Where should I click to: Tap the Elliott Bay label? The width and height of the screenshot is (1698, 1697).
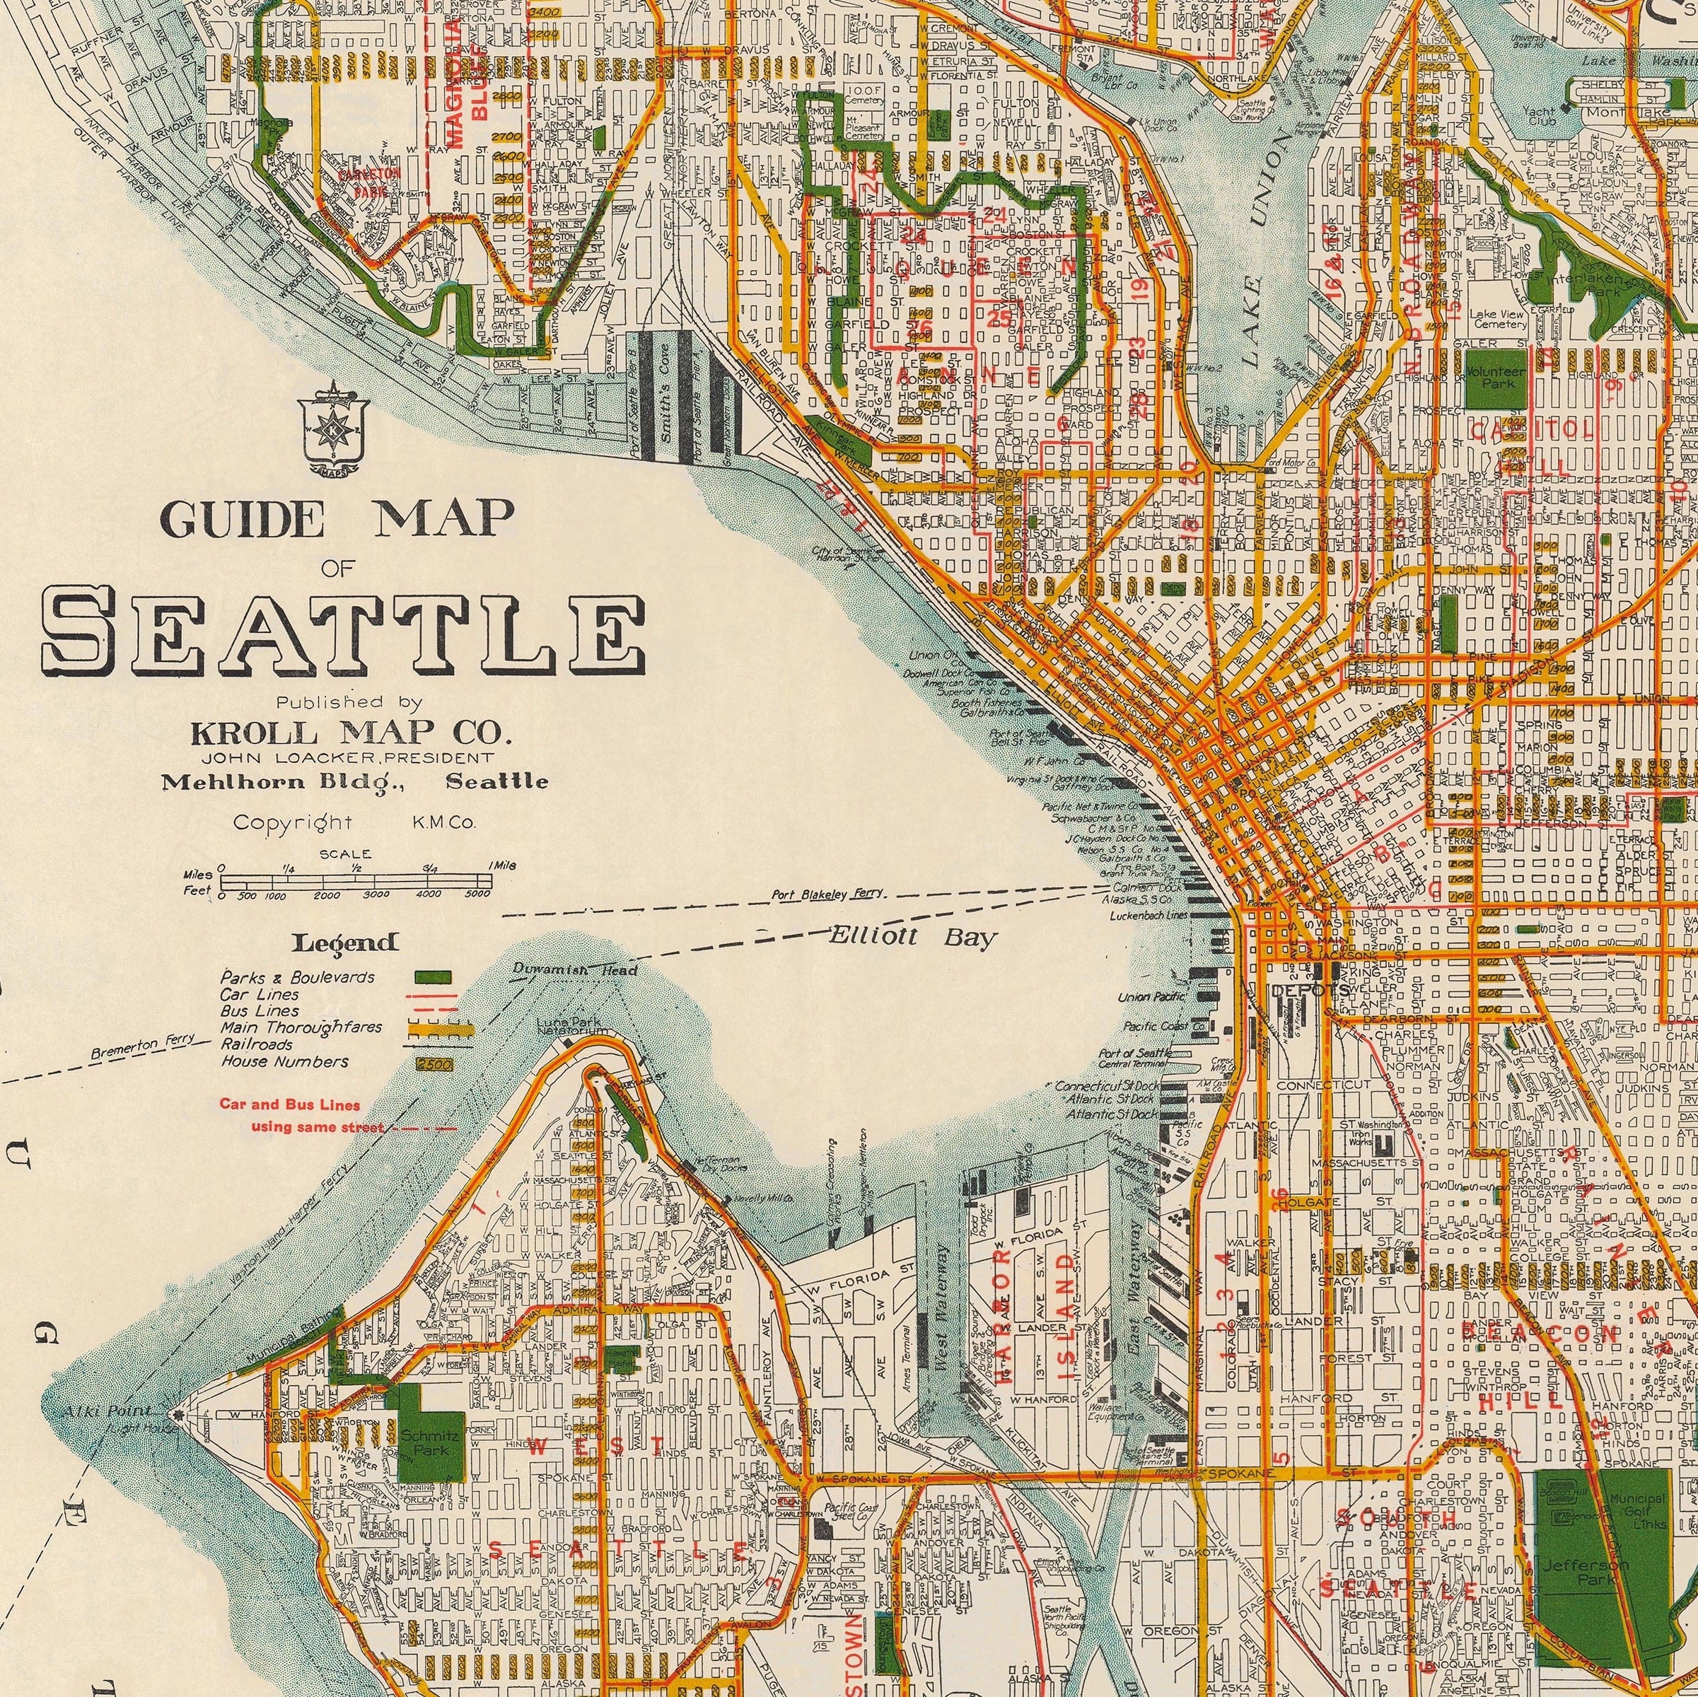[x=913, y=938]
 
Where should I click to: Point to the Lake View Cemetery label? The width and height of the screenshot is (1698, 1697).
[x=1499, y=319]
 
